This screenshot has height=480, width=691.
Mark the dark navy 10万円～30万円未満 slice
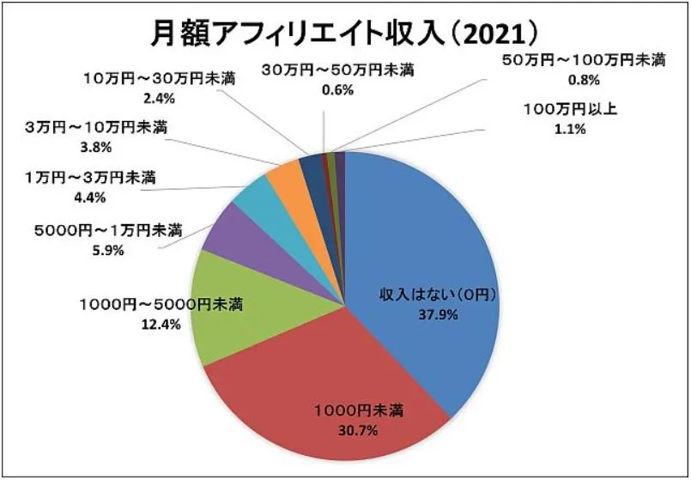(310, 164)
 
